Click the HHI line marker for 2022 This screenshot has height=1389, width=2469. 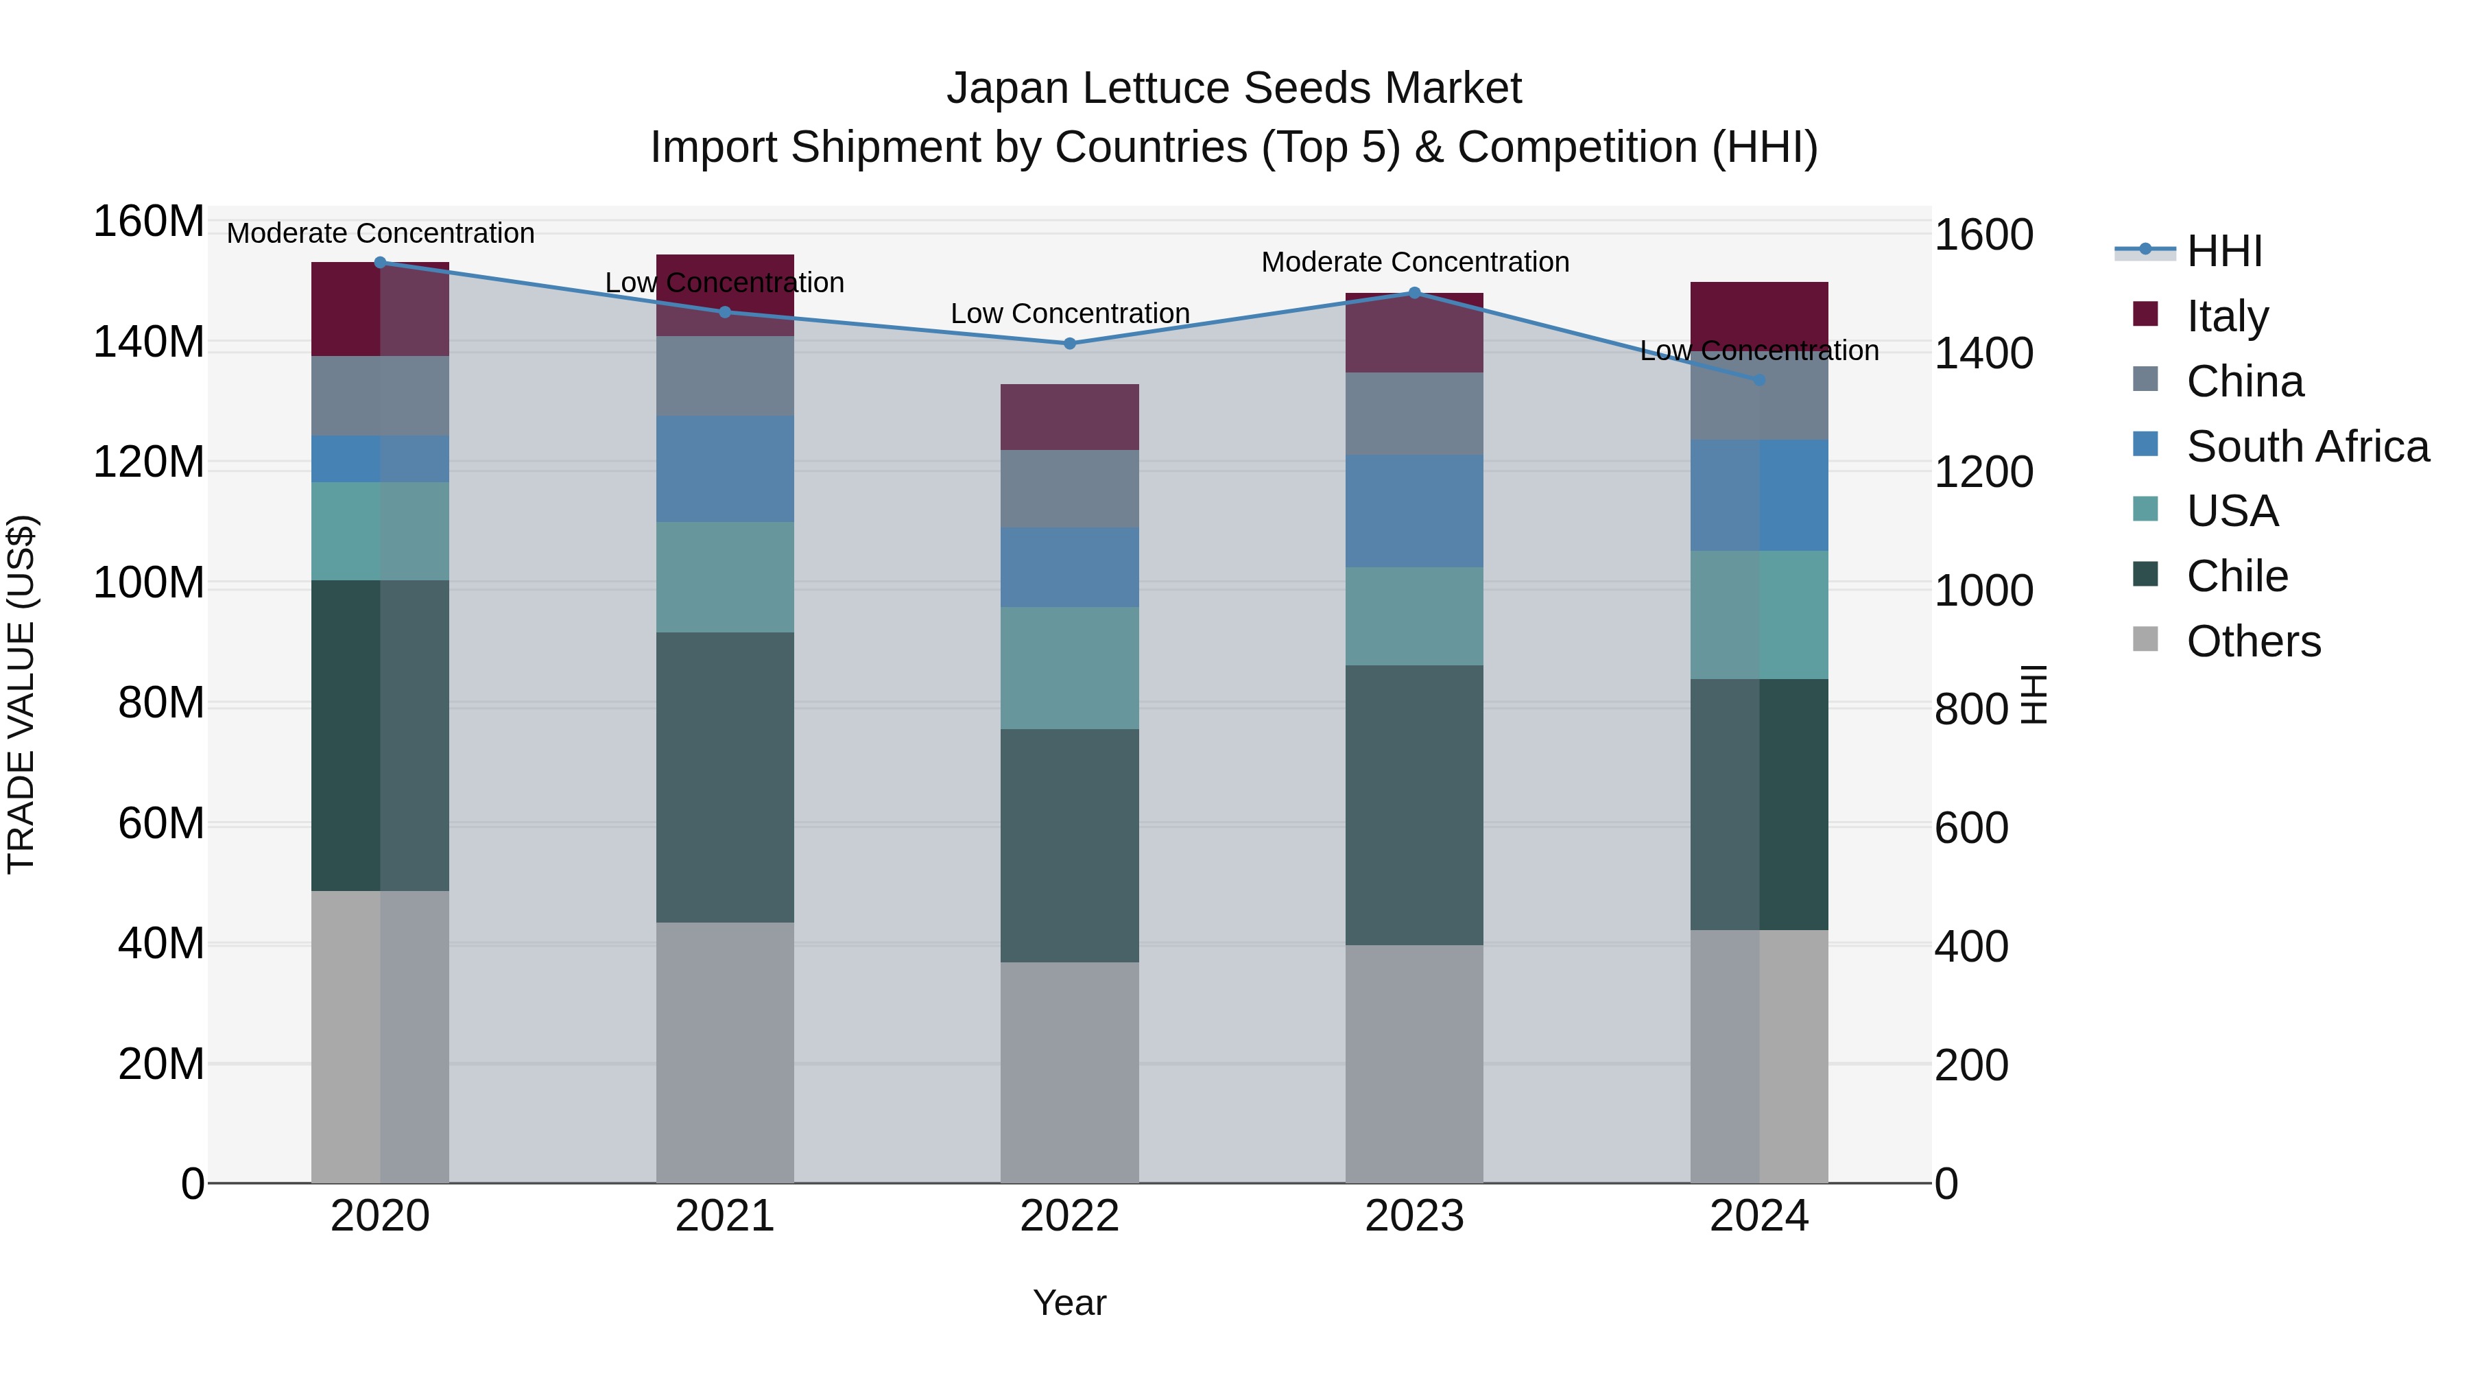(1070, 343)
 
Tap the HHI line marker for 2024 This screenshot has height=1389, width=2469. (1758, 379)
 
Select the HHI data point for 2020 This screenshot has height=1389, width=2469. (379, 262)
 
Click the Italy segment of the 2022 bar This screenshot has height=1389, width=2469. (1070, 417)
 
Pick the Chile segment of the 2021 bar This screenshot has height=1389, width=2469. (725, 776)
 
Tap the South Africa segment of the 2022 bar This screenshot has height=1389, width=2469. (1070, 567)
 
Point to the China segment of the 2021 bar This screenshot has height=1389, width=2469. (725, 376)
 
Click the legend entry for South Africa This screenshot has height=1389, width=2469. (2307, 447)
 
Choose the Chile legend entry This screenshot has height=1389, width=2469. (2237, 576)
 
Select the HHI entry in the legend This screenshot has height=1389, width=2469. (2223, 251)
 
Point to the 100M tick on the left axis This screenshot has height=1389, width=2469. (149, 583)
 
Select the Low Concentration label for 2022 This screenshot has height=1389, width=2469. (1070, 313)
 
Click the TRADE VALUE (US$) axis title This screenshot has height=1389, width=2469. (21, 694)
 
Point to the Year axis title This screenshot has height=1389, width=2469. (1070, 1303)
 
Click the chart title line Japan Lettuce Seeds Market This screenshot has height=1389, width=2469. (1234, 88)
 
